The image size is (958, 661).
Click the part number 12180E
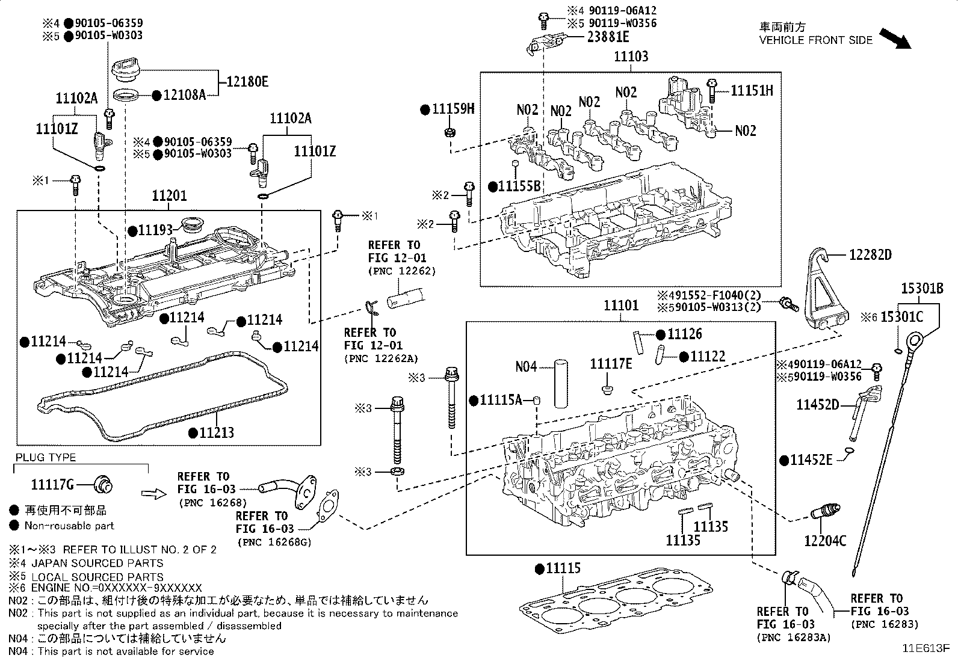tap(247, 82)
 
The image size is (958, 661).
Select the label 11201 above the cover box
tap(169, 196)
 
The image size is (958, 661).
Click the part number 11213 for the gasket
tap(217, 432)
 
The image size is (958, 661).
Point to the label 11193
tap(155, 230)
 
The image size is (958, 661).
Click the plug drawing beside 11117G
tap(104, 484)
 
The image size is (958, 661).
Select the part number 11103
tap(631, 57)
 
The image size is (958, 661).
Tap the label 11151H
tap(752, 91)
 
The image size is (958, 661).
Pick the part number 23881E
tap(608, 37)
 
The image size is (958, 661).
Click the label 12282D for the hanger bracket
tap(870, 254)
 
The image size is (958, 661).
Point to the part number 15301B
tap(922, 288)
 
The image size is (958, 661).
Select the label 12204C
tap(825, 541)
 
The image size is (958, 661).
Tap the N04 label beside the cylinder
tap(526, 366)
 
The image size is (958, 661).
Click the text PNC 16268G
tap(275, 543)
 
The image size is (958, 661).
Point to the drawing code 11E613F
tap(925, 649)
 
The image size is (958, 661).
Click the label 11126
tap(685, 334)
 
